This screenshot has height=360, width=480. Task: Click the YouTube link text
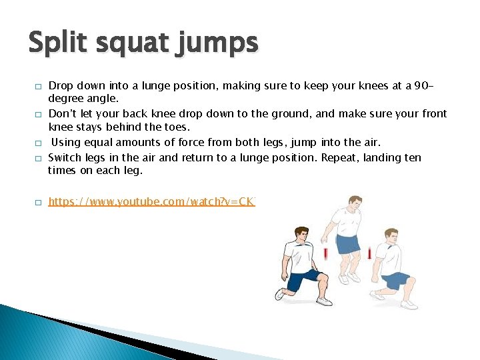point(151,201)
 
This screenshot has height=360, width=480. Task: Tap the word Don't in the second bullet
point(62,114)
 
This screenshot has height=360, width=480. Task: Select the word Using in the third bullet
point(66,142)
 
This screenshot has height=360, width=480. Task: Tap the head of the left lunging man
point(302,235)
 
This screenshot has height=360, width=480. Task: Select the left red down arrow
point(325,254)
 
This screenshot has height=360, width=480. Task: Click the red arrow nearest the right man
point(369,253)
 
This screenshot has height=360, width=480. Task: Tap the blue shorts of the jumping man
point(347,243)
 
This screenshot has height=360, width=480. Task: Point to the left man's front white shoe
point(324,301)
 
